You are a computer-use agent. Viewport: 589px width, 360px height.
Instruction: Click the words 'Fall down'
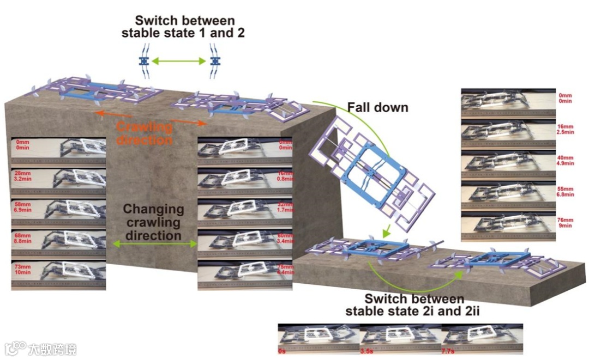378,107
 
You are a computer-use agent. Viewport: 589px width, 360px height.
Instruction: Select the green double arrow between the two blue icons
179,61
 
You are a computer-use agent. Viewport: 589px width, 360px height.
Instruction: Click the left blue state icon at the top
144,61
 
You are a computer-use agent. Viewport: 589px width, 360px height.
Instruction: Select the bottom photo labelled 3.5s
400,339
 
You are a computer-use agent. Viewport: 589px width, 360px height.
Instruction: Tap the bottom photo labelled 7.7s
482,339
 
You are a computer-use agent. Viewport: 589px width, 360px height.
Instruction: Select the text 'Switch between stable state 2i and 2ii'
414,305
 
